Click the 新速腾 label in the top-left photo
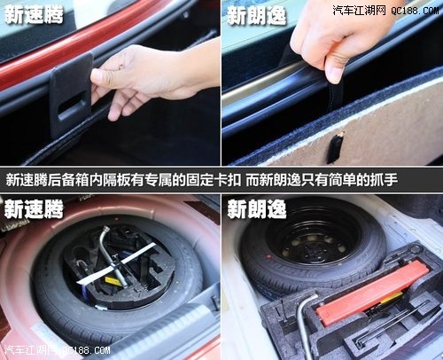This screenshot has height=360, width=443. pos(34,15)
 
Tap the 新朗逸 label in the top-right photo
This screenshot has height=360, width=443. pos(257,16)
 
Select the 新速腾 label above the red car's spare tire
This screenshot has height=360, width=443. pos(34,208)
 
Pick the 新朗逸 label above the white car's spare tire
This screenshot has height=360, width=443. pos(257,208)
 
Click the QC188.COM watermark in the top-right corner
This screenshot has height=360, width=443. pos(415,11)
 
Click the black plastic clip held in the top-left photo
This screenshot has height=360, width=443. pos(71,95)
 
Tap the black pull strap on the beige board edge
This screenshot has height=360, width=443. pos(335,147)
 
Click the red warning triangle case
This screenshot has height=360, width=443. pos(372,292)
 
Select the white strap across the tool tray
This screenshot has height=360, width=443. pos(117,263)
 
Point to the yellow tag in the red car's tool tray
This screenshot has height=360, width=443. pos(113,281)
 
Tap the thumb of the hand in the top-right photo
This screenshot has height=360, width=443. pos(335,68)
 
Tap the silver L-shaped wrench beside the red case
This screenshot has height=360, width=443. pos(304,322)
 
